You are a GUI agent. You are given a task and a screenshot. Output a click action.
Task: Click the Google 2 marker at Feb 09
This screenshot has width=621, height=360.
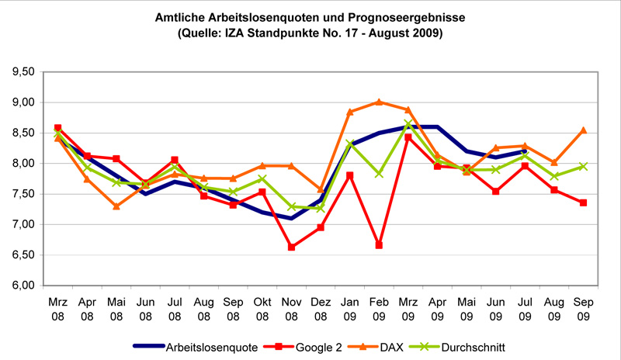tap(379, 244)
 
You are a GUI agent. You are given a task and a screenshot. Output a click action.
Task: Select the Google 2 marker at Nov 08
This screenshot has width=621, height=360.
tap(291, 247)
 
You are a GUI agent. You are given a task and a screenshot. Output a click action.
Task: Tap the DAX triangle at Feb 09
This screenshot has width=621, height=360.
tap(379, 102)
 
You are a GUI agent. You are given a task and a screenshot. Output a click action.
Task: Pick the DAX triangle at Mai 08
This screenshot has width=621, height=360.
tap(116, 206)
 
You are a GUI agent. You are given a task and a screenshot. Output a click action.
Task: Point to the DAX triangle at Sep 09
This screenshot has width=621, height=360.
tap(584, 130)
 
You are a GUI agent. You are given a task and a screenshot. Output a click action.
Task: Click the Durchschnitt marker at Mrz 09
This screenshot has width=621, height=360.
tap(408, 123)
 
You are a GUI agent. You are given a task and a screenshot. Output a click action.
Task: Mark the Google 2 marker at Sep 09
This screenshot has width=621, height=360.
tap(584, 202)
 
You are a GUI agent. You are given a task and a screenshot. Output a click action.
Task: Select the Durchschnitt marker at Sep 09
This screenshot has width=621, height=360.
tap(584, 166)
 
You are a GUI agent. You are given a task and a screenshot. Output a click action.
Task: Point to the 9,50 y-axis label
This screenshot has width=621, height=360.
tap(26, 71)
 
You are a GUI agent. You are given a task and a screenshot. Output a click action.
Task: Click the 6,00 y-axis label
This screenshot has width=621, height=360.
tap(26, 286)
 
